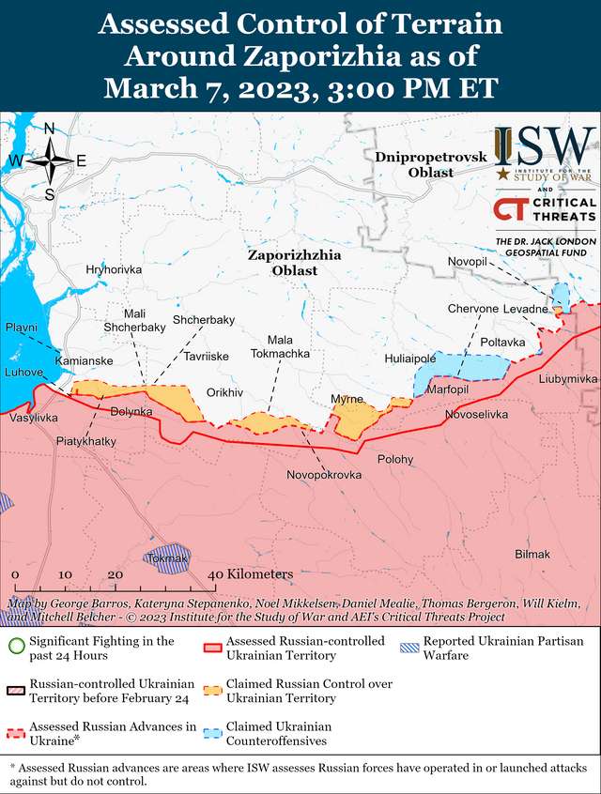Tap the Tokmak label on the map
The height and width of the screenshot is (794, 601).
point(168,558)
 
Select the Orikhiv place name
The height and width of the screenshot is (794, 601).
point(224,391)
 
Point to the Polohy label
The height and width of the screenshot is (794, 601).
point(394,459)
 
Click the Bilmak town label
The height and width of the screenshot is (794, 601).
point(532,555)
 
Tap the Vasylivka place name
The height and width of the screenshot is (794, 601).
point(34,417)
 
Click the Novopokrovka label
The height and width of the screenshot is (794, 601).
point(324,476)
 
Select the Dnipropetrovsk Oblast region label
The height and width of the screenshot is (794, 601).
point(418,164)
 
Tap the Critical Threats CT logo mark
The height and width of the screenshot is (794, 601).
point(510,208)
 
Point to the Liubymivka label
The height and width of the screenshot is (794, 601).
point(567,378)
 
